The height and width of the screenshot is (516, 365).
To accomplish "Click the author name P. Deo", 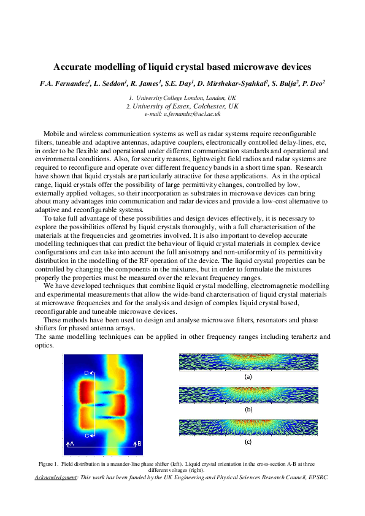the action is tap(315, 82).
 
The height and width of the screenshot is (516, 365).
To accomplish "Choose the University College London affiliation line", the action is tap(182, 98).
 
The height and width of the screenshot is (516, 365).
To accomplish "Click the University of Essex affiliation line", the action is tap(182, 106).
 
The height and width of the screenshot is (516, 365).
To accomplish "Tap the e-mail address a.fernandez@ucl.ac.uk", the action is tap(182, 114).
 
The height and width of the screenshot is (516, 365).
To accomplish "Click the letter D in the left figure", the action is tap(86, 373).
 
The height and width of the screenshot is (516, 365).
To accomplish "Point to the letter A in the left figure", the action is tap(72, 443).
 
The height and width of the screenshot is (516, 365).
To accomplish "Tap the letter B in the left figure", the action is tap(139, 443).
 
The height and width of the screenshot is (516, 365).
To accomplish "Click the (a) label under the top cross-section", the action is tap(248, 377).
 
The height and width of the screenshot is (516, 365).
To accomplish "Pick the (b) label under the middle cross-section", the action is tap(248, 409).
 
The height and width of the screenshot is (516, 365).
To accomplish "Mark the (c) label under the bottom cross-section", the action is tap(248, 441).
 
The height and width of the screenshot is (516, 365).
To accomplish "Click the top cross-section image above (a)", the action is tap(248, 362).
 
